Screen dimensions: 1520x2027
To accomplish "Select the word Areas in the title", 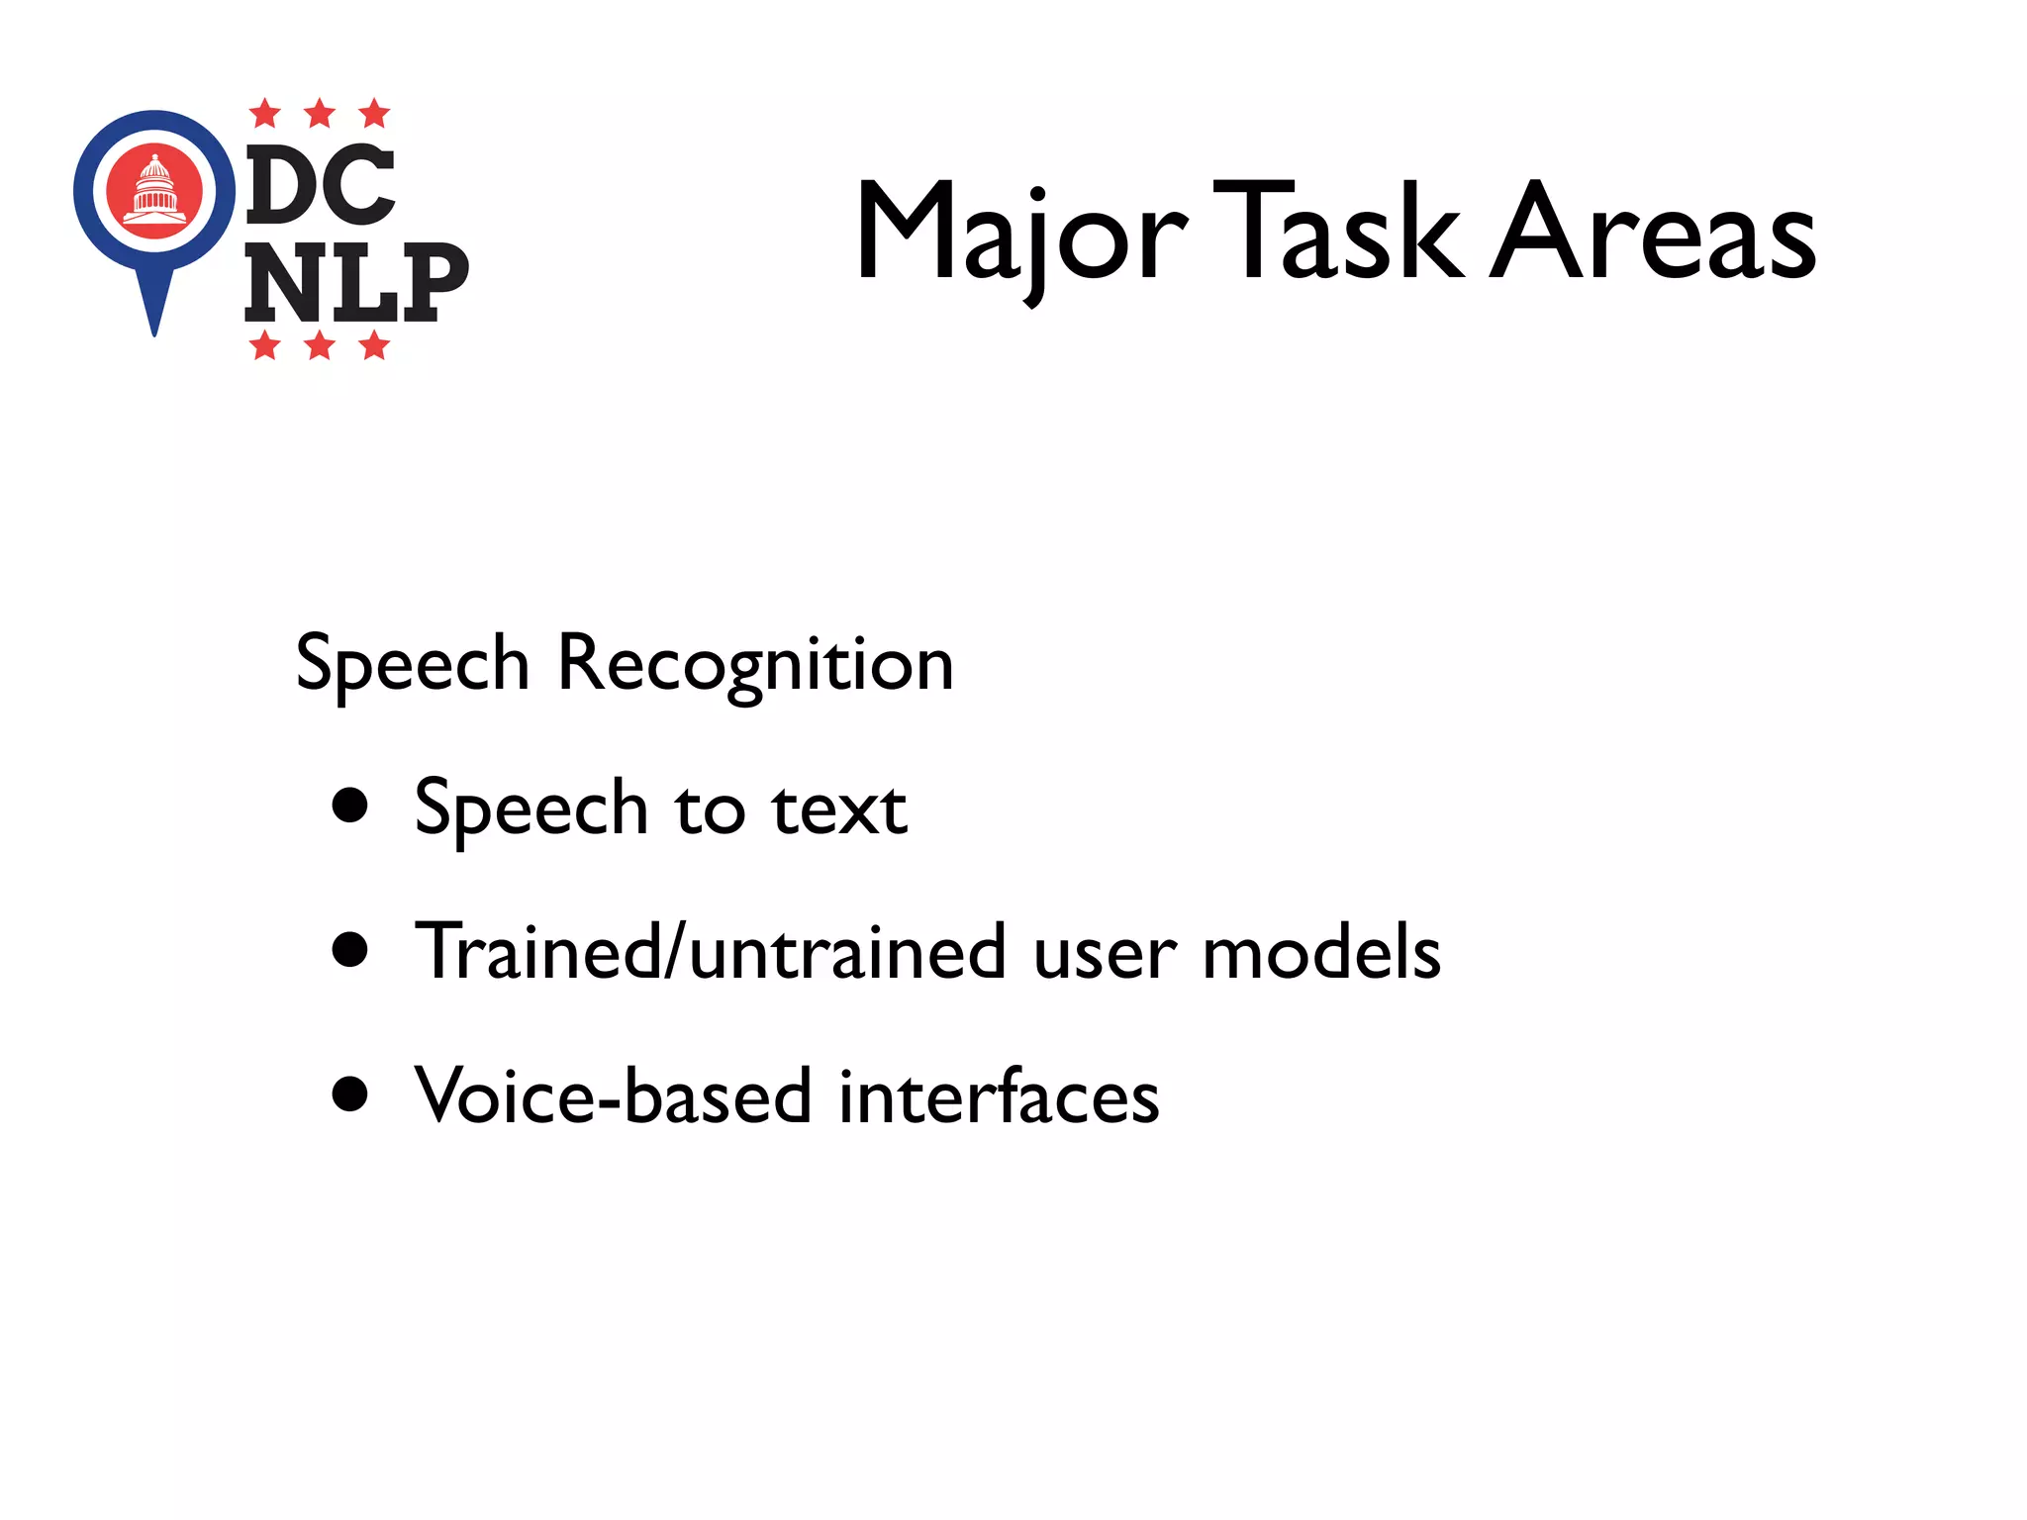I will (1653, 233).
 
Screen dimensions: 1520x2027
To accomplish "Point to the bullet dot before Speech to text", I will (350, 806).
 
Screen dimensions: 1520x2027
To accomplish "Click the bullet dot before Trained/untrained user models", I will (350, 950).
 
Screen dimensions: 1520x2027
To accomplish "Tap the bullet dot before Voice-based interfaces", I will (350, 1094).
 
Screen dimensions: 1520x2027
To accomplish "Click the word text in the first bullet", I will (839, 808).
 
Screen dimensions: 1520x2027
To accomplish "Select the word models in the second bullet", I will (1321, 952).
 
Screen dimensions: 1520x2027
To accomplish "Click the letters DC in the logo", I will (321, 185).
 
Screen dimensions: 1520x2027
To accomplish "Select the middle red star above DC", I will (320, 114).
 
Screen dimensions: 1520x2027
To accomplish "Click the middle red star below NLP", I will (320, 346).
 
